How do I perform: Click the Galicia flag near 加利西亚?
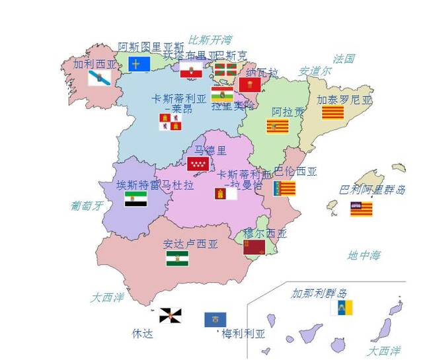pyautogui.click(x=100, y=79)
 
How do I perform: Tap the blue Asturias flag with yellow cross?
pyautogui.click(x=139, y=63)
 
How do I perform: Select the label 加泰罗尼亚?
pyautogui.click(x=344, y=100)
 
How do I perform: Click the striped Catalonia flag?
pyautogui.click(x=332, y=112)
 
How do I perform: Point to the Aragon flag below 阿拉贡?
pyautogui.click(x=277, y=126)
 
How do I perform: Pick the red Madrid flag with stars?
pyautogui.click(x=198, y=164)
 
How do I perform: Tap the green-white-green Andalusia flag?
pyautogui.click(x=177, y=258)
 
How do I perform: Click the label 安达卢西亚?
pyautogui.click(x=190, y=244)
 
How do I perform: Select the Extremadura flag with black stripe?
pyautogui.click(x=135, y=199)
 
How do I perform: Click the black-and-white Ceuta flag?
pyautogui.click(x=170, y=315)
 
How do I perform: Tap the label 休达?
pyautogui.click(x=142, y=334)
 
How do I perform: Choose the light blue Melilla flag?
pyautogui.click(x=215, y=320)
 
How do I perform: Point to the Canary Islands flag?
pyautogui.click(x=342, y=308)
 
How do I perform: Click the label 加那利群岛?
pyautogui.click(x=319, y=293)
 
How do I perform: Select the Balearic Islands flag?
pyautogui.click(x=361, y=209)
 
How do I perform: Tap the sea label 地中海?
pyautogui.click(x=364, y=255)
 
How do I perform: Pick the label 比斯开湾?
pyautogui.click(x=210, y=40)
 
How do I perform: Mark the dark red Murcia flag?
pyautogui.click(x=254, y=247)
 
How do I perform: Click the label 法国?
pyautogui.click(x=344, y=59)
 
